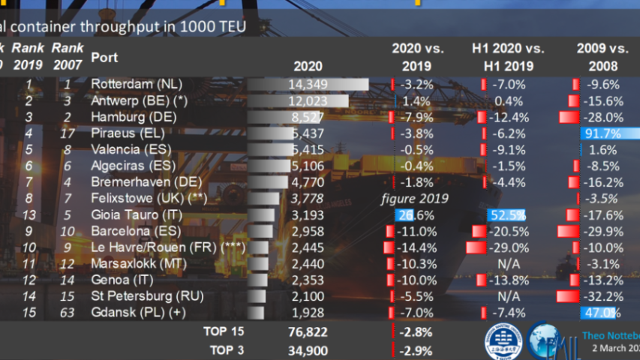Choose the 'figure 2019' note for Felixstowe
click(x=415, y=199)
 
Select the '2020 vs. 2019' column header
click(x=418, y=57)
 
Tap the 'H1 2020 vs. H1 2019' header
click(x=508, y=57)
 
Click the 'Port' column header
click(x=104, y=58)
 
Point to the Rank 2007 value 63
click(x=68, y=313)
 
